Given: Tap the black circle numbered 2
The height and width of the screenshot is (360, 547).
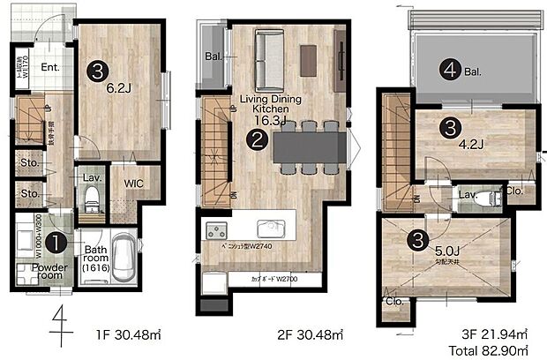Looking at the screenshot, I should coord(258,139).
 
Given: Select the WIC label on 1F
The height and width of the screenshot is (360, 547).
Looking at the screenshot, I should coord(134,184).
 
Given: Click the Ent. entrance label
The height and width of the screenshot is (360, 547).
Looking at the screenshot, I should coord(49,66).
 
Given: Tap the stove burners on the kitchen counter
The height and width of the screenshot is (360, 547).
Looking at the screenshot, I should coord(217,232).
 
